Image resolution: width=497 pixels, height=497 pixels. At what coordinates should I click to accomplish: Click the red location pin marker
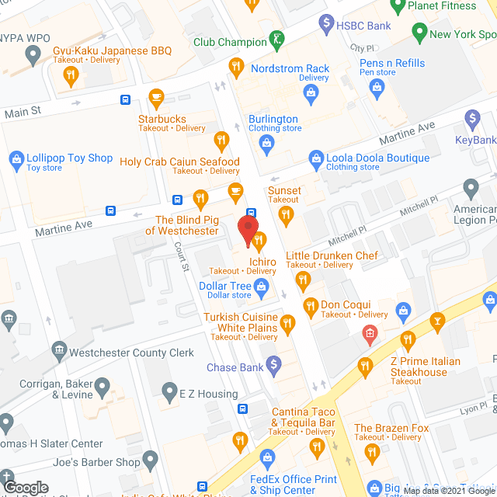tap(247, 231)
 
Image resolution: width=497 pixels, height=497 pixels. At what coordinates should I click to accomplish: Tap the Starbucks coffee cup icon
tap(156, 98)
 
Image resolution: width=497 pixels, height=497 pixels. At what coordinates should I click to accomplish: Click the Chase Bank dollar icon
tap(273, 363)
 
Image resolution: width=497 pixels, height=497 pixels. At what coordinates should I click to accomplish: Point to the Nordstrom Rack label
tap(291, 69)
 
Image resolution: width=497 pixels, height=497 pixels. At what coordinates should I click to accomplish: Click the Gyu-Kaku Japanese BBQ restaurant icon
tap(71, 75)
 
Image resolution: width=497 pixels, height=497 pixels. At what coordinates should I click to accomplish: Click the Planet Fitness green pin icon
tap(398, 7)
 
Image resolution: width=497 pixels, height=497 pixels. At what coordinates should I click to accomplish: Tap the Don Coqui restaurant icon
tap(311, 305)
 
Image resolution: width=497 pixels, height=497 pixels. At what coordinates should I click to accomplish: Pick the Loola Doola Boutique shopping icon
tap(315, 158)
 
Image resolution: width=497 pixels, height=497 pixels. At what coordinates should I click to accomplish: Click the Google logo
tap(26, 487)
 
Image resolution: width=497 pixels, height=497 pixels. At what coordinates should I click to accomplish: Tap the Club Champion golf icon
tap(275, 38)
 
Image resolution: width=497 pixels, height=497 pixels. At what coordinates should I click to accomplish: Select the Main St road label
tap(23, 113)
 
